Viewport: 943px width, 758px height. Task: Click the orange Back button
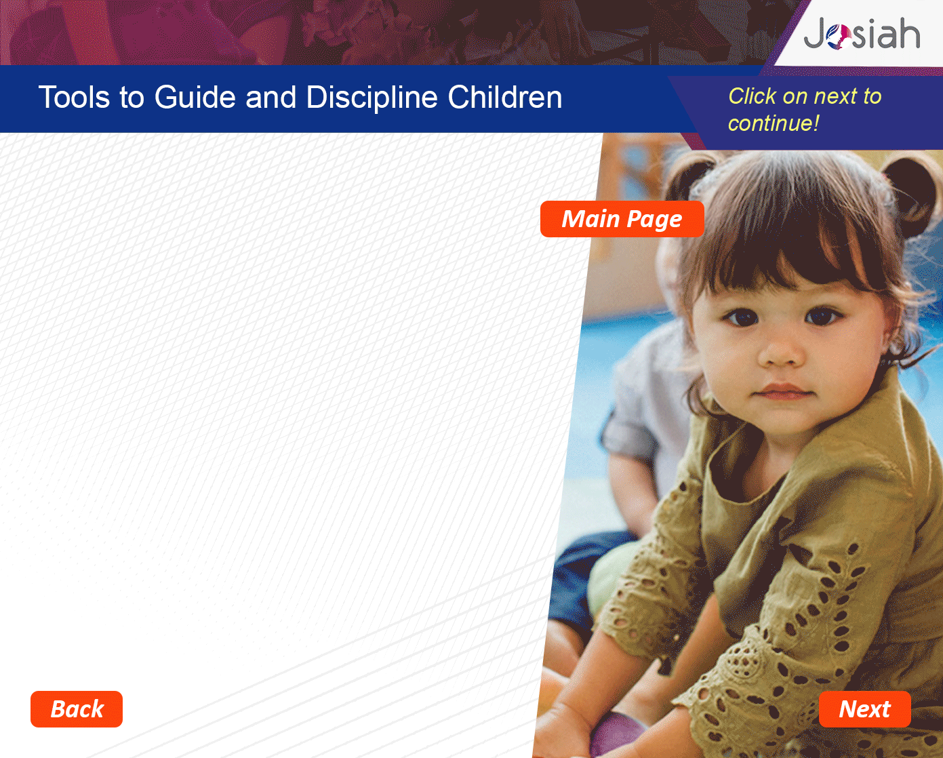[77, 709]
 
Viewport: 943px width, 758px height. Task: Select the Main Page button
[622, 219]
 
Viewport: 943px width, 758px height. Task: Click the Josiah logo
[862, 33]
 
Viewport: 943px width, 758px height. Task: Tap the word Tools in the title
[74, 97]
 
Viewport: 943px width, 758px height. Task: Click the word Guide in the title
[195, 97]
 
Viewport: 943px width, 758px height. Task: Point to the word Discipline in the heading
[372, 98]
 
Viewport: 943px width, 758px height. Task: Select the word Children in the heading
[505, 97]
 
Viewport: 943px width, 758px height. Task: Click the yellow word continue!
[774, 123]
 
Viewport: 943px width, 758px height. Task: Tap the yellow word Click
[752, 96]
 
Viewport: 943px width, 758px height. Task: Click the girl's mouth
[782, 391]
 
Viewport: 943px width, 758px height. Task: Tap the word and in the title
[270, 97]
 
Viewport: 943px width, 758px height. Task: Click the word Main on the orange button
[590, 219]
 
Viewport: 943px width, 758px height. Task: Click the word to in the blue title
[132, 98]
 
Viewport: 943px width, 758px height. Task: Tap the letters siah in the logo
[886, 33]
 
